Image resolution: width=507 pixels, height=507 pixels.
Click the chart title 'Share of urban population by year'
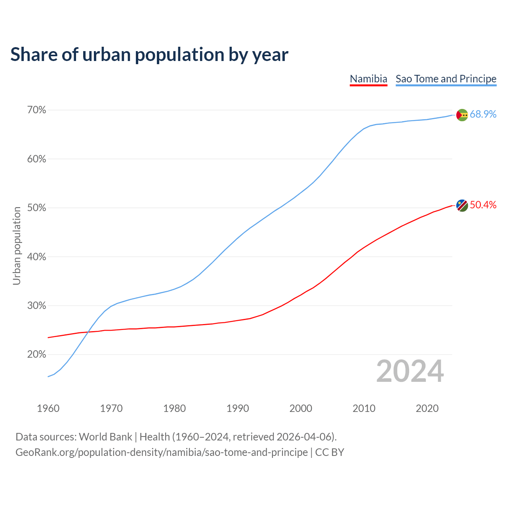[149, 55]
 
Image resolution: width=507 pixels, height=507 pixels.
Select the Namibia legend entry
[368, 79]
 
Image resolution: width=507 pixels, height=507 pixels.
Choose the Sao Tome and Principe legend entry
[446, 79]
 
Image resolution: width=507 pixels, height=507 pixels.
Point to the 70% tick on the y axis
[36, 110]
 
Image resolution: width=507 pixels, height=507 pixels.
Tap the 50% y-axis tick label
[36, 208]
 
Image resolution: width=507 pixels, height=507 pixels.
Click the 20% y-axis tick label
[36, 355]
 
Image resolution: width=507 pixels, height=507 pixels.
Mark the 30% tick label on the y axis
[36, 306]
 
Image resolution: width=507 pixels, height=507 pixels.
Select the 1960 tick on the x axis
[48, 408]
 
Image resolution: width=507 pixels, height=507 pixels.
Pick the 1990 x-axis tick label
[238, 408]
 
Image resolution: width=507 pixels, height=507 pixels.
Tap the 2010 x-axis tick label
[364, 408]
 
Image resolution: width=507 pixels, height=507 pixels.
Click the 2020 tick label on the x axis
[427, 408]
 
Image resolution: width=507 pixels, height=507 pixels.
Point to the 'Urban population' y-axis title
[17, 246]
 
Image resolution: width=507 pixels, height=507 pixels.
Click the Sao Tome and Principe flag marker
[462, 115]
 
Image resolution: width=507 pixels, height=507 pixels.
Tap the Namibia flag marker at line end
[462, 206]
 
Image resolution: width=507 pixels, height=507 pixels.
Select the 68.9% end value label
[483, 114]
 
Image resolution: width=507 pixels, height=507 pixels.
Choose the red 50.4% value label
[483, 205]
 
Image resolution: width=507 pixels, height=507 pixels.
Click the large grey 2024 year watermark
[410, 372]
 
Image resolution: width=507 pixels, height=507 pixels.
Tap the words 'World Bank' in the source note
[105, 437]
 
